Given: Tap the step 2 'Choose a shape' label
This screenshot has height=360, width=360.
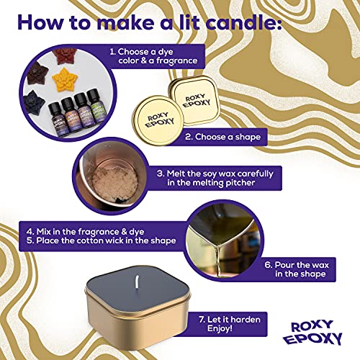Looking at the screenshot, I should coord(225,136).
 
